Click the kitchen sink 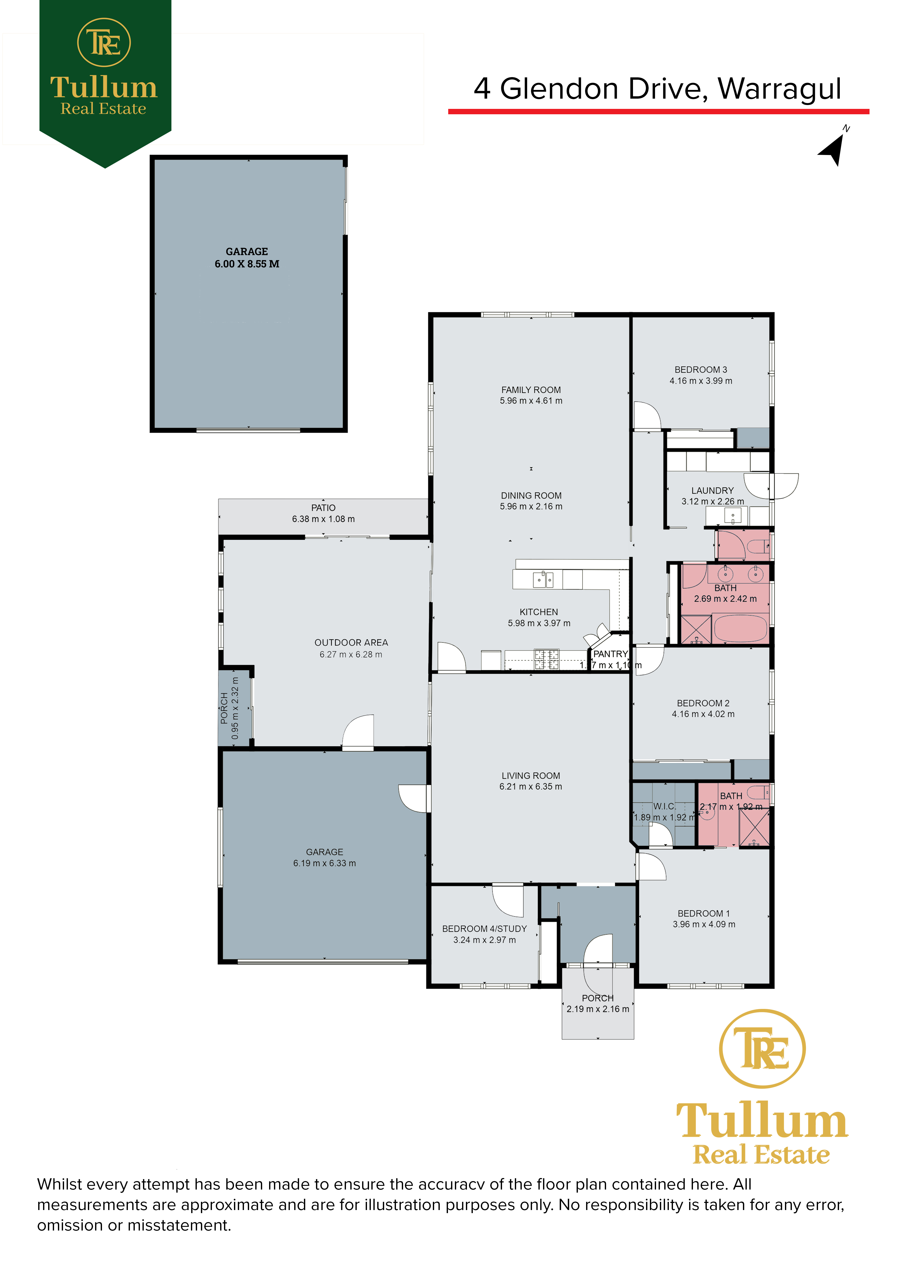pos(543,580)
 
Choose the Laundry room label pos(712,490)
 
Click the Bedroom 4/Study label pos(484,929)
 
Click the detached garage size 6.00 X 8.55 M pos(247,264)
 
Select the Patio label pos(323,508)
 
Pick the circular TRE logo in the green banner pos(104,43)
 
